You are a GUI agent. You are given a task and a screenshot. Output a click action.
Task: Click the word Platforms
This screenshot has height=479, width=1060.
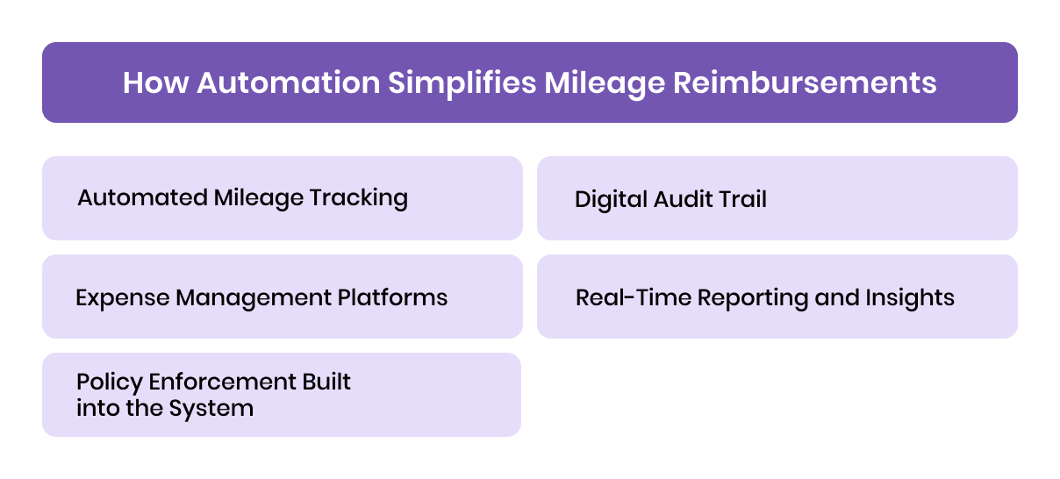pos(393,297)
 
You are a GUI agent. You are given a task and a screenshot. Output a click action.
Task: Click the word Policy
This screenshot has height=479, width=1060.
pos(109,382)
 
